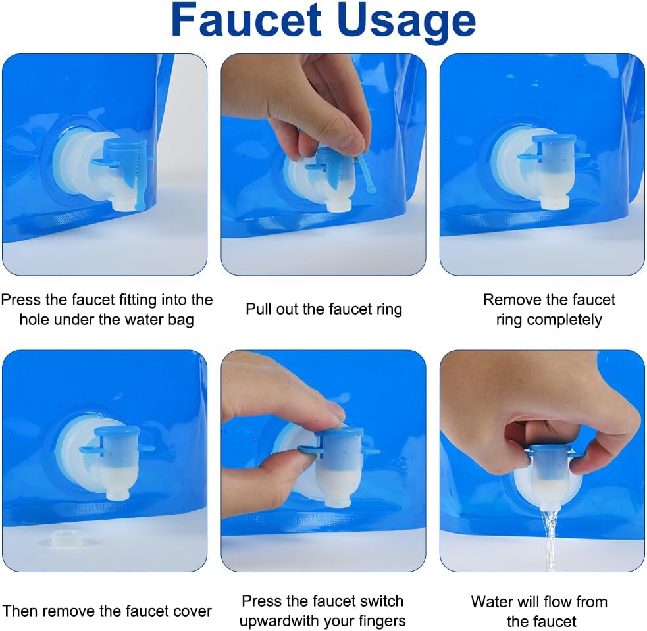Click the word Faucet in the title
pyautogui.click(x=246, y=20)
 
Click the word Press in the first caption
pyautogui.click(x=21, y=300)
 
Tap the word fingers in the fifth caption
pyautogui.click(x=379, y=621)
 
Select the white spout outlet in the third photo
pyautogui.click(x=556, y=201)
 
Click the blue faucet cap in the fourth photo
pyautogui.click(x=116, y=432)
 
